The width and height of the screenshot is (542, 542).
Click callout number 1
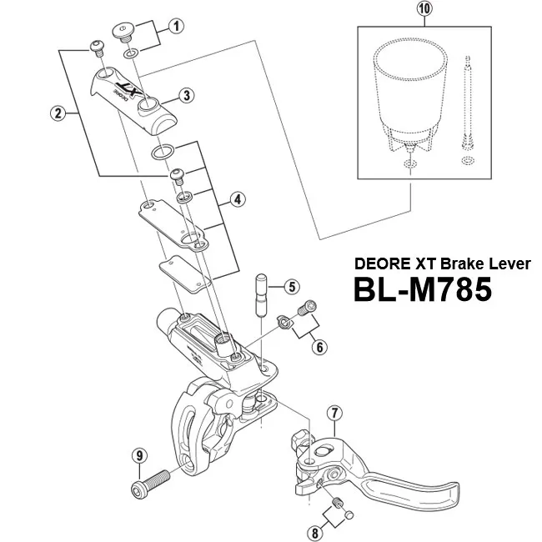tap(176, 25)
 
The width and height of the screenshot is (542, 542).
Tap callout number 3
tap(187, 95)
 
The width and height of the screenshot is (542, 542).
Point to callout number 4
tap(238, 199)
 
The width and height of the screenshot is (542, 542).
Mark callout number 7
tap(334, 412)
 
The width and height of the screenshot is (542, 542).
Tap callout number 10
tap(425, 12)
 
